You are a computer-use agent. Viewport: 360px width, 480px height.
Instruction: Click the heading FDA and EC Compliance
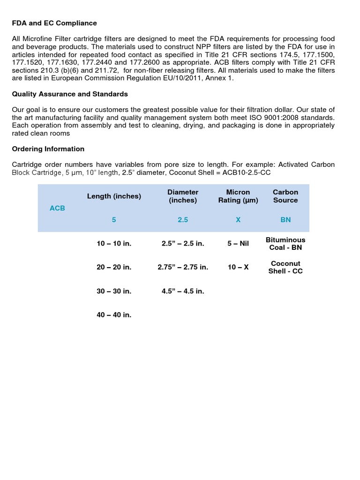point(54,23)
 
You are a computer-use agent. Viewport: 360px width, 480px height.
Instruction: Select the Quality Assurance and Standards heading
point(70,94)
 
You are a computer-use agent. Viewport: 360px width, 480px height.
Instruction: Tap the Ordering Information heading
point(48,149)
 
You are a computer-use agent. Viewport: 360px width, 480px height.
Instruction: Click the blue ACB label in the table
point(57,208)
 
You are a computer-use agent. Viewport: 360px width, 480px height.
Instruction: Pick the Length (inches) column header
point(114,196)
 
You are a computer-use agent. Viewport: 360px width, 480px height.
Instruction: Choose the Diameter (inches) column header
point(183,196)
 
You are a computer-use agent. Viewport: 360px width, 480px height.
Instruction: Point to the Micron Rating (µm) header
point(238,196)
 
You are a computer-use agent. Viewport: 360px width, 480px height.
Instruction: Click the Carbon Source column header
point(285,196)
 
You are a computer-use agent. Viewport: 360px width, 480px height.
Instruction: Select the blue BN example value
point(285,220)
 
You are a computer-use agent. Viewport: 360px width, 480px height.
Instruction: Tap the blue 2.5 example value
point(183,220)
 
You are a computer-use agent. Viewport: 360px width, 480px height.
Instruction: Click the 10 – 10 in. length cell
point(114,244)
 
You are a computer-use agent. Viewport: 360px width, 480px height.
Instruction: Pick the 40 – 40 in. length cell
point(114,315)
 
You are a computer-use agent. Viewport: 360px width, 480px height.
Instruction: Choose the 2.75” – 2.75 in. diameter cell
point(183,267)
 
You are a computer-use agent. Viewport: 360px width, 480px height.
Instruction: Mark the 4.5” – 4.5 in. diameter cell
point(183,291)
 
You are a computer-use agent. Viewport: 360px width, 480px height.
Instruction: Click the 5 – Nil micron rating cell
point(238,244)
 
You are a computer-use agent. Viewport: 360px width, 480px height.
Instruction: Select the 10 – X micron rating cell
point(238,267)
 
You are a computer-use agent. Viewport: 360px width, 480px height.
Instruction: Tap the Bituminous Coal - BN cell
point(285,244)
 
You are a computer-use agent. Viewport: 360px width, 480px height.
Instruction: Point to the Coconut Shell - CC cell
point(285,267)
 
